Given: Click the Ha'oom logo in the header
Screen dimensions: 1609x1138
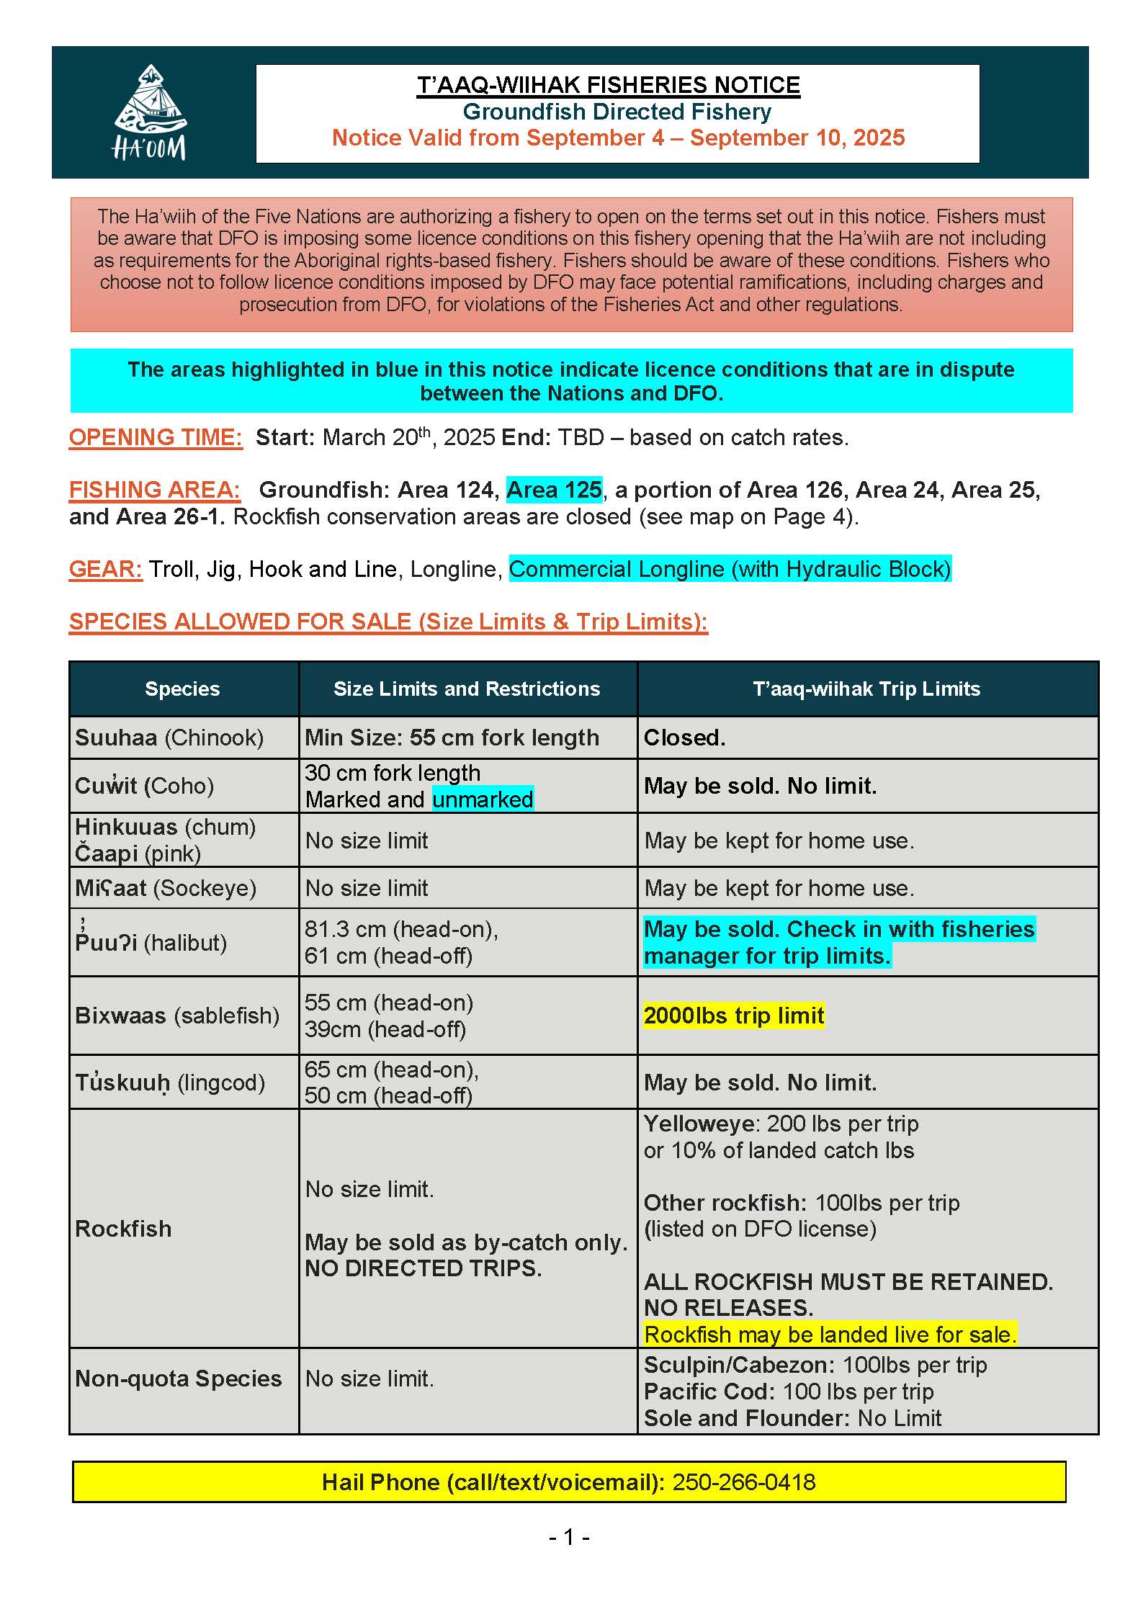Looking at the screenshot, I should [150, 112].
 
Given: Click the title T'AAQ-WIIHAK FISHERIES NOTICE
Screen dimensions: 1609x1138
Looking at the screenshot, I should [609, 85].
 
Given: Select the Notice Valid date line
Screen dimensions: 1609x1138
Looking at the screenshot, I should [618, 138].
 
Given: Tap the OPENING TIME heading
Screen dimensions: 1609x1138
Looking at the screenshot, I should [156, 437].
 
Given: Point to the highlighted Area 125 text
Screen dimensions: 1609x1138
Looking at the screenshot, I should [554, 490].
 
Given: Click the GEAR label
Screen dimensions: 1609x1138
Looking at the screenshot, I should [105, 569].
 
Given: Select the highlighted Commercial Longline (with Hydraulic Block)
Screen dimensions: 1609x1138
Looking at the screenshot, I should [730, 569].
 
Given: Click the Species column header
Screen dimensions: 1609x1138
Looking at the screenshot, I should [182, 689].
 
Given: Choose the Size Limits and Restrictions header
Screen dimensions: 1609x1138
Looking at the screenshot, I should [467, 689].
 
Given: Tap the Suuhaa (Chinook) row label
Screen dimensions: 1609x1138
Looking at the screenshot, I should [169, 738].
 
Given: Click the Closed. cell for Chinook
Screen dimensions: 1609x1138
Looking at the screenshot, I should [684, 738].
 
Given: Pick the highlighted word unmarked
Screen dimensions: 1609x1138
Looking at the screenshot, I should [483, 799].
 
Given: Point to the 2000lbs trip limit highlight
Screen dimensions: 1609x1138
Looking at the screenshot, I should [734, 1016].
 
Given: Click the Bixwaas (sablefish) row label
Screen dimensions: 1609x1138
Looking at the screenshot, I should [177, 1016].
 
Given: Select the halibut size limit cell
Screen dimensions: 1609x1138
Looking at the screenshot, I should [401, 942].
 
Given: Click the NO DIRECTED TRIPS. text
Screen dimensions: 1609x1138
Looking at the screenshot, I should [423, 1268].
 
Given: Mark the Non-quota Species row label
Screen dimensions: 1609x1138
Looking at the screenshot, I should [179, 1379].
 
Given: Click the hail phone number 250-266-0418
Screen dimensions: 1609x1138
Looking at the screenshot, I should [743, 1482].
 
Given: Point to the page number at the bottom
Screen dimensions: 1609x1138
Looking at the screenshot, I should [569, 1538].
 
